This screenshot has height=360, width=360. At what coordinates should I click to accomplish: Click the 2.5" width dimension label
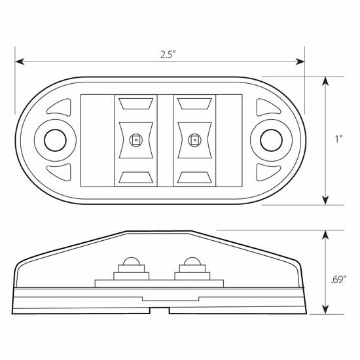[x=168, y=55]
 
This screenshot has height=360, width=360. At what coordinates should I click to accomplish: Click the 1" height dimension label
[x=338, y=139]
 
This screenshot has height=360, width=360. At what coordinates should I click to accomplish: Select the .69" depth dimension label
[x=338, y=279]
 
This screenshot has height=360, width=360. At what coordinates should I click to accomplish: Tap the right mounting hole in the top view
[x=269, y=139]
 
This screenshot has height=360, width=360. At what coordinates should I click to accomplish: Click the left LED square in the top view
[x=135, y=139]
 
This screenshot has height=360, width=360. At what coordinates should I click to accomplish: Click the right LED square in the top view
[x=193, y=139]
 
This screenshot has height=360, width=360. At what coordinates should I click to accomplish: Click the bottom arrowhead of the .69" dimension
[x=325, y=310]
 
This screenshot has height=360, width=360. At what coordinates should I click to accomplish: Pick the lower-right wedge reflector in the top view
[x=265, y=172]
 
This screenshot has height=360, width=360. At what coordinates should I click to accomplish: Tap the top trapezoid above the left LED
[x=136, y=103]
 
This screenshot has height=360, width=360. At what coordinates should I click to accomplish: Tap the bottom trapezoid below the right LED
[x=193, y=176]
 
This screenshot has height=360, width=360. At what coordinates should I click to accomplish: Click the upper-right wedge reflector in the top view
[x=265, y=106]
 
